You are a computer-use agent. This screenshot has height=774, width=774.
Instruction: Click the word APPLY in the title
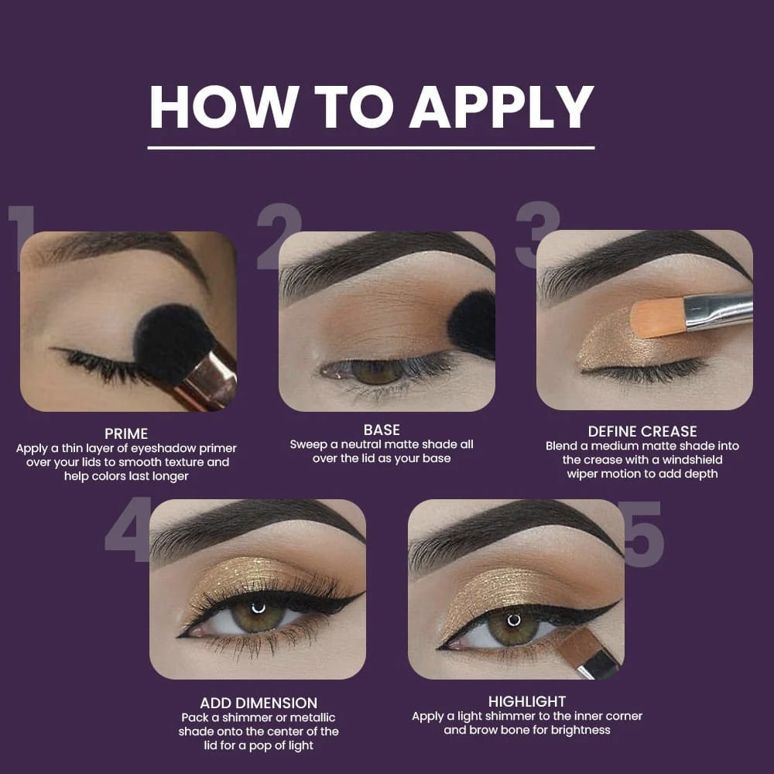click(502, 107)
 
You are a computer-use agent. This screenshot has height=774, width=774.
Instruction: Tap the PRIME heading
click(126, 434)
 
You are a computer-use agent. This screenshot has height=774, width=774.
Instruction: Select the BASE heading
click(382, 430)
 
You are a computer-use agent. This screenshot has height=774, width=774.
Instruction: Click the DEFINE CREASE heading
click(642, 431)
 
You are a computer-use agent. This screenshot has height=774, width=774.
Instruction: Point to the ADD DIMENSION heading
click(259, 703)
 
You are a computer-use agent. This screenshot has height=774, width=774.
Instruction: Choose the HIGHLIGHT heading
click(526, 701)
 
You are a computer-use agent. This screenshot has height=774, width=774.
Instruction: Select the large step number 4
click(128, 529)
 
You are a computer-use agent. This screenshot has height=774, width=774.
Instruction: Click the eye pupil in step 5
click(514, 621)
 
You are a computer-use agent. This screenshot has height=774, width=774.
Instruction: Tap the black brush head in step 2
click(472, 324)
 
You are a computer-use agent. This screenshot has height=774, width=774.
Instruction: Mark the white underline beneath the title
click(371, 148)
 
